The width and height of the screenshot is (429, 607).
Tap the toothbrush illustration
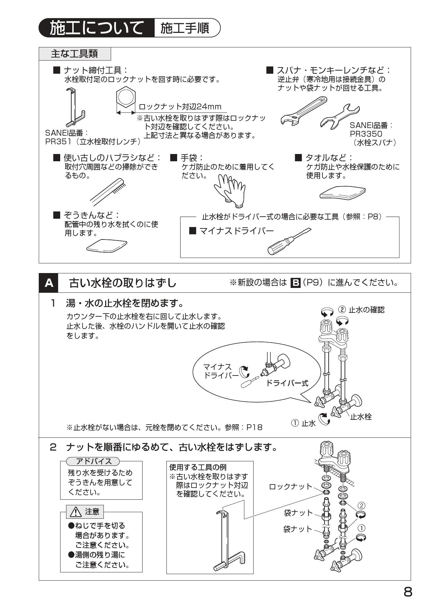[106, 191]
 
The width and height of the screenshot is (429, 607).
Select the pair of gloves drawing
[229, 188]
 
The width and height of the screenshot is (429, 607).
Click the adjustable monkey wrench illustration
[303, 111]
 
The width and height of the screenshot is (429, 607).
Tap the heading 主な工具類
[75, 54]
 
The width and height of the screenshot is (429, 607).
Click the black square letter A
[49, 283]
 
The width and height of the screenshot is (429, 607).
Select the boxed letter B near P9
[295, 283]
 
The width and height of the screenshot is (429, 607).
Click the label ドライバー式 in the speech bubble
[287, 383]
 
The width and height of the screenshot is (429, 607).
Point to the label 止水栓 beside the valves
[360, 417]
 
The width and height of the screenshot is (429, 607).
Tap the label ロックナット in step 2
[291, 487]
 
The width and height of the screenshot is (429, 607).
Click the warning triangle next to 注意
[75, 512]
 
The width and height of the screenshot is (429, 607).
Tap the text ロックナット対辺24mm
[180, 107]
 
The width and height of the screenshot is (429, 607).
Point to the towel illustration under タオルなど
[342, 192]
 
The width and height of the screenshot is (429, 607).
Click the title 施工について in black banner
[97, 28]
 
